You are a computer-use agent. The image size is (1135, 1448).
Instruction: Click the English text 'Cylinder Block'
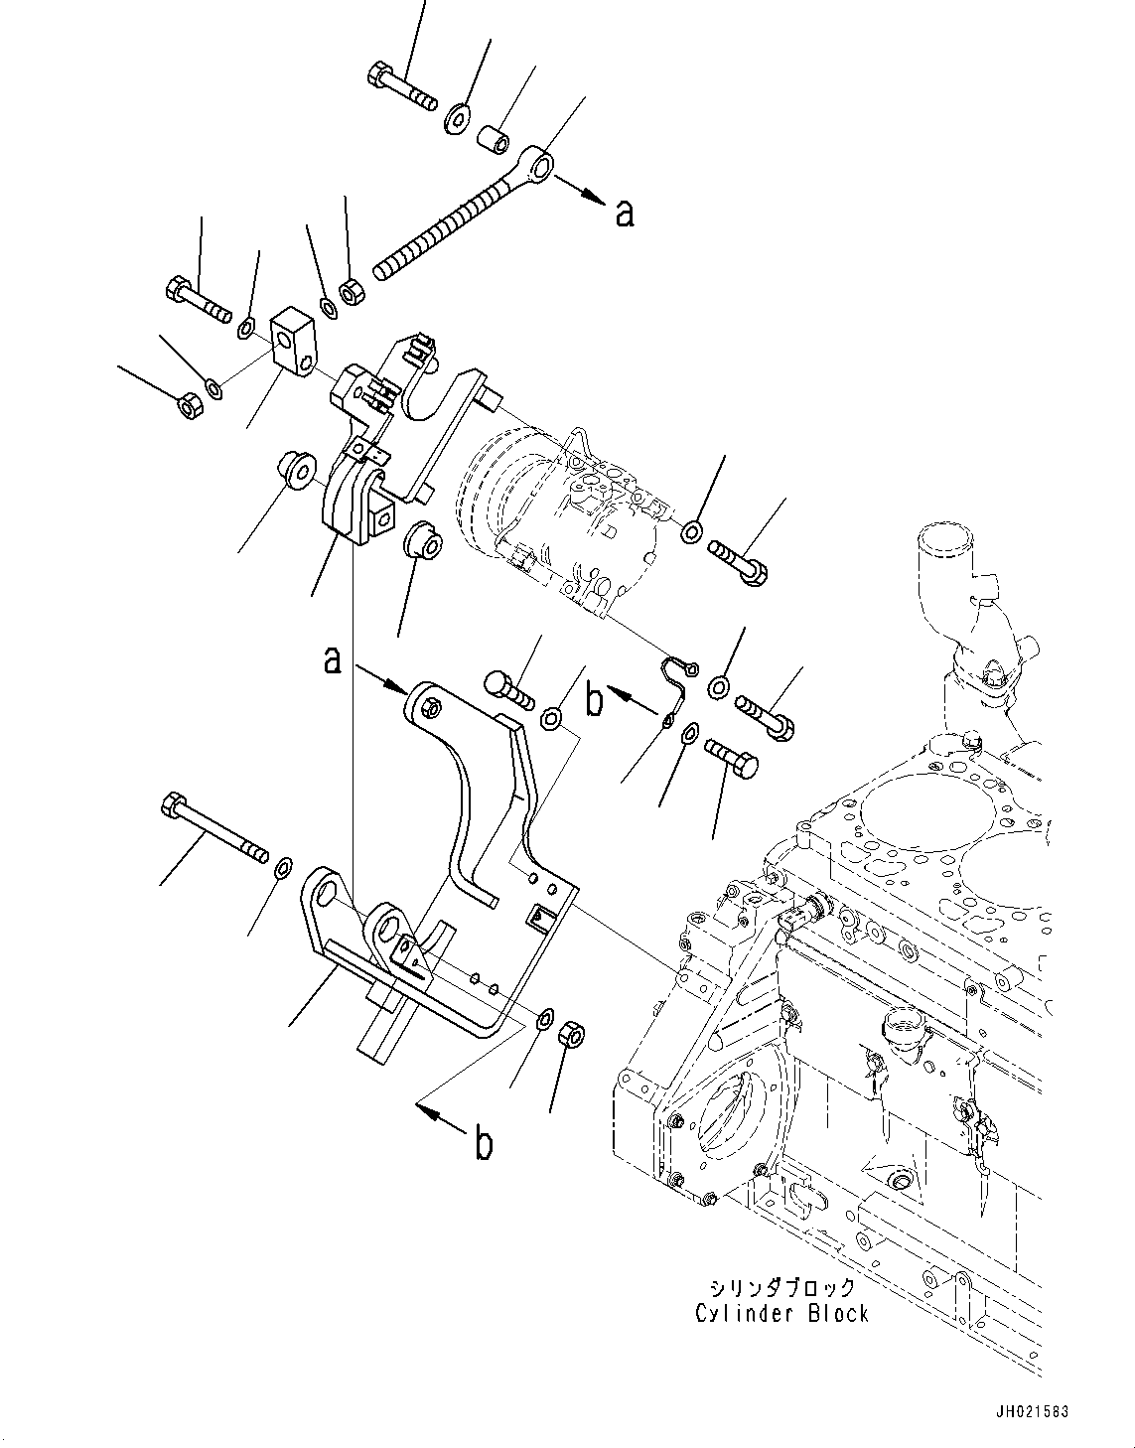coord(781,1313)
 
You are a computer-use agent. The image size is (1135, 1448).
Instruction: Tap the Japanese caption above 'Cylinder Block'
coord(782,1287)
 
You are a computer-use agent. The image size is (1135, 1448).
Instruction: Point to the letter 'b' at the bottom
coord(484,1145)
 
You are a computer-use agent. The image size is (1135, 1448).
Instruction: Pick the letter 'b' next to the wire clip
coord(594,700)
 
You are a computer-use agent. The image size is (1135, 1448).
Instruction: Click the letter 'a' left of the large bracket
coord(334,658)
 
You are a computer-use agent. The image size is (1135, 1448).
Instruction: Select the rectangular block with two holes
coord(292,340)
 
